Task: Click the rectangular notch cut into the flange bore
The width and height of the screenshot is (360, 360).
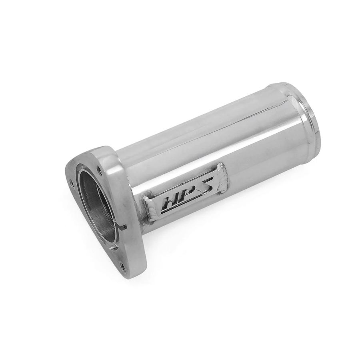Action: click(122, 228)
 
